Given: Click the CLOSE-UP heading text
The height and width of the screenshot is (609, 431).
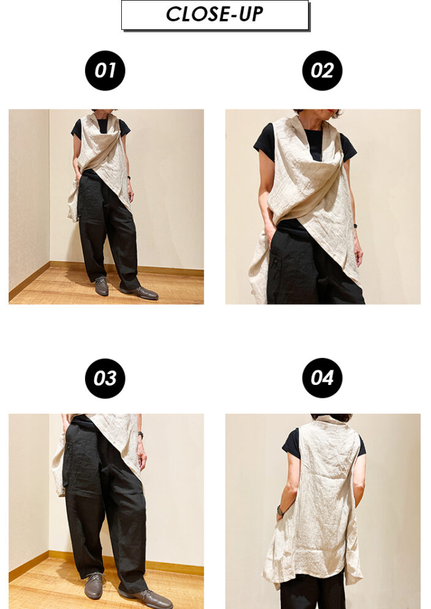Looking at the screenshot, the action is (x=214, y=14).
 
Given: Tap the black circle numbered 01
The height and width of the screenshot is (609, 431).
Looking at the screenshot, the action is (x=105, y=70).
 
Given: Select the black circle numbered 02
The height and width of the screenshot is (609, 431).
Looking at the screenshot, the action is (x=322, y=70).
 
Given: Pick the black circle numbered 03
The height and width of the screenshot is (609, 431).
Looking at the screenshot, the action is (x=105, y=378).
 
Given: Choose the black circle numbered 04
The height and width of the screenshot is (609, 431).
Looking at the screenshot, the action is (x=322, y=378).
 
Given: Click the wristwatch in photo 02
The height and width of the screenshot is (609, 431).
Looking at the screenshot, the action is (x=355, y=226).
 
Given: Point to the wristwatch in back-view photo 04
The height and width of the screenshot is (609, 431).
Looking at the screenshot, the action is (x=280, y=510).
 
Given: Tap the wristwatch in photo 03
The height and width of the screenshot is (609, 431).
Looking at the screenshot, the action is (x=141, y=435).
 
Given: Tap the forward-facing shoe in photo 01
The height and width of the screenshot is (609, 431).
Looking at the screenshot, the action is (x=102, y=286).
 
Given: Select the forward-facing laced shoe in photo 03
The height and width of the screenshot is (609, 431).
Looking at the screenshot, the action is (x=94, y=585).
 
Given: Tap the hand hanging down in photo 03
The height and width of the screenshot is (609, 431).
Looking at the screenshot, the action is (x=142, y=458).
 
